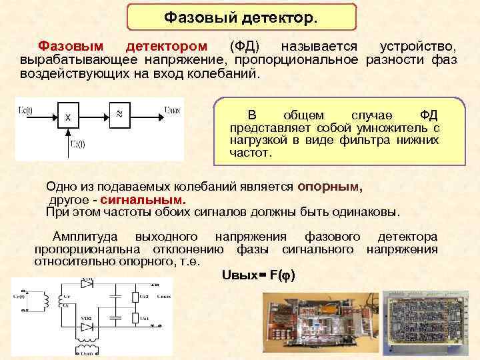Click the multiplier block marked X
point(69,118)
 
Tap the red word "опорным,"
point(330,187)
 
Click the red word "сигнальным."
point(143,199)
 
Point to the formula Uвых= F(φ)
point(258,275)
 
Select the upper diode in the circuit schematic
point(86,284)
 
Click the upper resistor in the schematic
point(136,296)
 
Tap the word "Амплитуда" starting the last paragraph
point(86,237)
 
